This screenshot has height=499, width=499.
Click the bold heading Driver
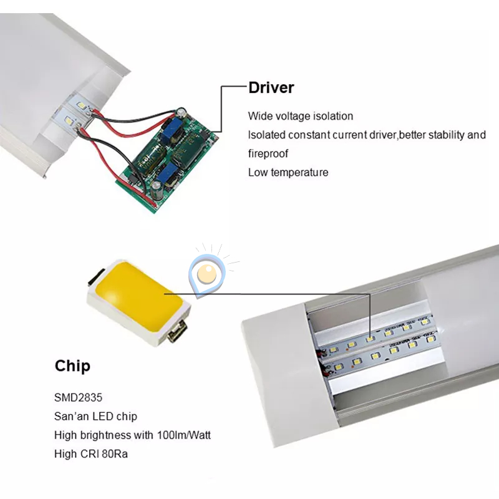click(x=271, y=87)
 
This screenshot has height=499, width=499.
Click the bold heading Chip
click(x=72, y=366)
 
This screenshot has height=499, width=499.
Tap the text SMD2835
click(x=77, y=397)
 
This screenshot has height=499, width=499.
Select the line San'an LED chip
click(x=95, y=416)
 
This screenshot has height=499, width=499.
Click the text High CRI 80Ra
click(x=91, y=454)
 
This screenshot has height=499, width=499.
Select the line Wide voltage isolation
click(x=301, y=116)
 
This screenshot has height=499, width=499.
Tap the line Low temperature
click(x=288, y=172)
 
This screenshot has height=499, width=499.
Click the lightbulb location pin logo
click(x=206, y=272)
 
